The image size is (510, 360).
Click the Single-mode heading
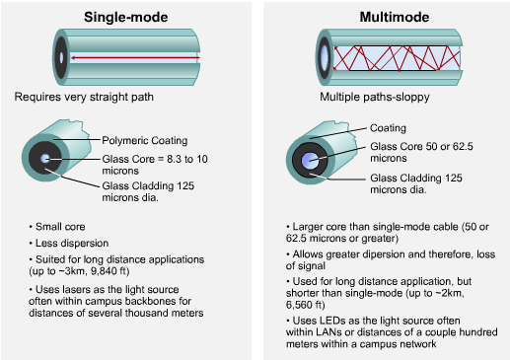[126, 17]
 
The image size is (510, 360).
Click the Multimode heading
[395, 17]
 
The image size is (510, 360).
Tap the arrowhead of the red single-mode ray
[74, 58]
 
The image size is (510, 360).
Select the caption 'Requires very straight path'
[84, 97]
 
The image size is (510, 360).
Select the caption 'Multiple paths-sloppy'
[375, 97]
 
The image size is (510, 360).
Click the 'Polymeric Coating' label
[145, 140]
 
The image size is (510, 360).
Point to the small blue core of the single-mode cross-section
[44, 159]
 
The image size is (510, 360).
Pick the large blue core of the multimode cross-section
[310, 161]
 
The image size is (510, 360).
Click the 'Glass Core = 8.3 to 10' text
[155, 159]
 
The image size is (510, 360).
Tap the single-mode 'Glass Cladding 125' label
[148, 185]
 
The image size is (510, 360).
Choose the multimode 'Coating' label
[388, 128]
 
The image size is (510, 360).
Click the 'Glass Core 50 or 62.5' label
[421, 146]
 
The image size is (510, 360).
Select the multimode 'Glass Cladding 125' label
[416, 178]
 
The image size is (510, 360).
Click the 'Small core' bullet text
[60, 227]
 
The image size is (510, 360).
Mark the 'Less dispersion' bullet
[72, 243]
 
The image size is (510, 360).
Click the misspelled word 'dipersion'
[359, 254]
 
